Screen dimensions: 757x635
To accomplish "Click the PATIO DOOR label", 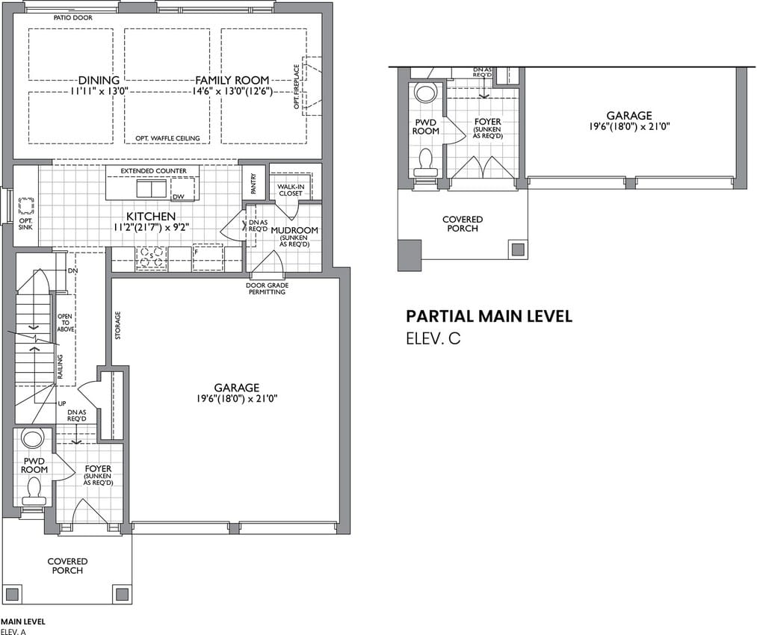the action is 73,18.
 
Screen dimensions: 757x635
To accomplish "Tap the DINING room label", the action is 99,80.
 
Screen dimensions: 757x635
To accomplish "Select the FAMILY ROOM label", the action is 232,80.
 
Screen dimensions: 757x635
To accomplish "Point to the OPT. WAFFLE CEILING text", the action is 167,138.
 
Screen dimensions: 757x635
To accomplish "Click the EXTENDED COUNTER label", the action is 153,171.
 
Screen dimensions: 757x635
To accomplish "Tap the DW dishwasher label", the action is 178,196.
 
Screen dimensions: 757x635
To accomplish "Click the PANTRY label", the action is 254,184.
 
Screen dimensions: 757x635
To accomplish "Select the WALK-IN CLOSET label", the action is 291,190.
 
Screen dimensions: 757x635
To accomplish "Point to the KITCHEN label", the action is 151,216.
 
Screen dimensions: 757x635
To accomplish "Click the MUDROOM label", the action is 294,230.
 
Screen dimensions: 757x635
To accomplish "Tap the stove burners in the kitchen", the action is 151,257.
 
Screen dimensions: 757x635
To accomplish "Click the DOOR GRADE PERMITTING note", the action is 267,288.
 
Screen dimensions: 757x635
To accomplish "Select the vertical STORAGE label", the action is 118,325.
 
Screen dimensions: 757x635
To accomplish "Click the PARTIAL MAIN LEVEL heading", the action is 489,317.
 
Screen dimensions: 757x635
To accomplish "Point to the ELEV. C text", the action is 433,338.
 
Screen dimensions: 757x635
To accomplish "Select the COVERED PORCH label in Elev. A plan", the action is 67,566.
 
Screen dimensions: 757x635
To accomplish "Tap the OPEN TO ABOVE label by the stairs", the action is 66,323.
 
